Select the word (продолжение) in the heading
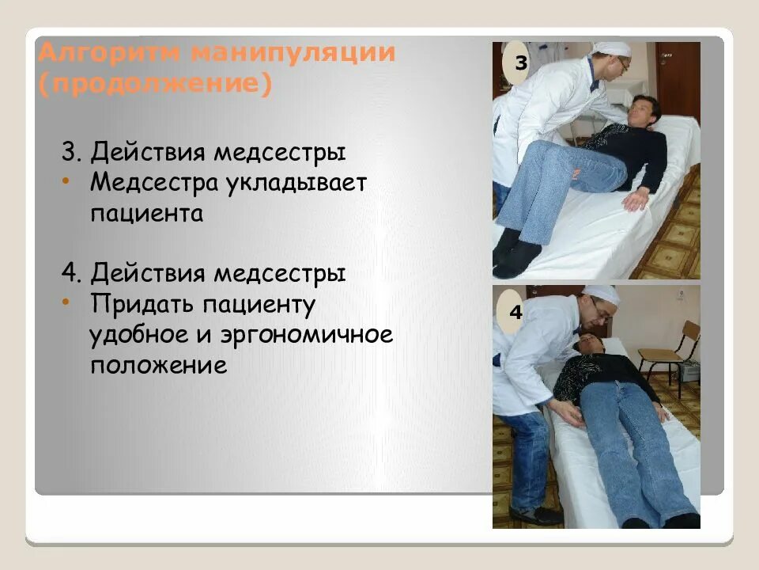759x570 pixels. pyautogui.click(x=155, y=84)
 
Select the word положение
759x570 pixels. pyautogui.click(x=158, y=366)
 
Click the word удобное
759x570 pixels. pyautogui.click(x=135, y=335)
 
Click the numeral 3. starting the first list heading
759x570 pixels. pyautogui.click(x=73, y=152)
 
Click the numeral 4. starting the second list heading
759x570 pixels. pyautogui.click(x=73, y=274)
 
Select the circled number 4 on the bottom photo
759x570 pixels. pyautogui.click(x=515, y=313)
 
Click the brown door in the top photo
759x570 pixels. pyautogui.click(x=677, y=79)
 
